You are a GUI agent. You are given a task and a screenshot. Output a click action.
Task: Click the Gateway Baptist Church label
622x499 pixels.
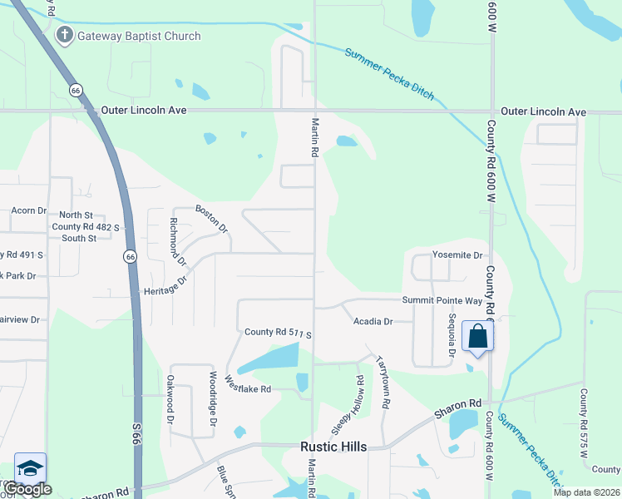(139, 36)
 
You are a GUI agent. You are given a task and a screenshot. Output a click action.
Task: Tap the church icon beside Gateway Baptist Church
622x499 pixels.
(64, 36)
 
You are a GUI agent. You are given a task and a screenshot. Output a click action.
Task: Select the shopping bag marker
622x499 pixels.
(478, 338)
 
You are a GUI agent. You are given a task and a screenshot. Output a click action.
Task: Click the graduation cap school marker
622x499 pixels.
(30, 469)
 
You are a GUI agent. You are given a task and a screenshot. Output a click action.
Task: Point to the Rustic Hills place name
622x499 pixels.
(333, 447)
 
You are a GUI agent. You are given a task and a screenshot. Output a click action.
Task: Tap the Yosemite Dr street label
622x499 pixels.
(457, 255)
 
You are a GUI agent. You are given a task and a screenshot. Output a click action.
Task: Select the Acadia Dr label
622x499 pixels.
(372, 321)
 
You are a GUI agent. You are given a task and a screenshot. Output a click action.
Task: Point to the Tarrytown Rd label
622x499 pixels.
(383, 382)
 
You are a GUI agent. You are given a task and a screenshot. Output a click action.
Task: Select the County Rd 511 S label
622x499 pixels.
(278, 333)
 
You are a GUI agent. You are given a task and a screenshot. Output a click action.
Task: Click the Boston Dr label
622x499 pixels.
(211, 218)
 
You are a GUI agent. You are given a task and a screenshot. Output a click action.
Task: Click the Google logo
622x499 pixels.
(28, 489)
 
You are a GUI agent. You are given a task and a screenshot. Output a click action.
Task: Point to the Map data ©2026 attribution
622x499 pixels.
(586, 492)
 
